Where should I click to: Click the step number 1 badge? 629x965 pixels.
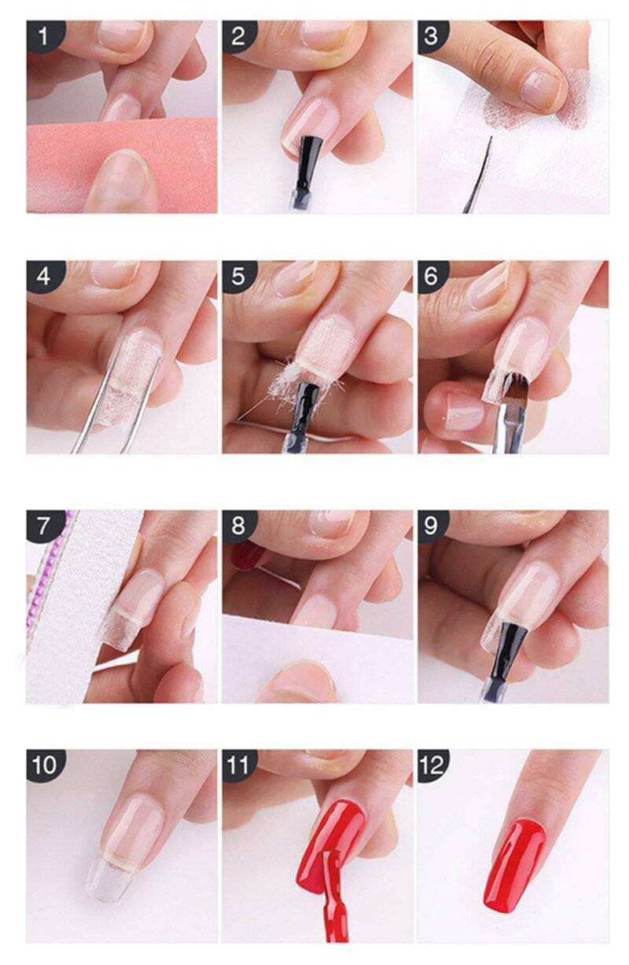tap(44, 35)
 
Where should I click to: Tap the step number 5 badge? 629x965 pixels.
tap(238, 276)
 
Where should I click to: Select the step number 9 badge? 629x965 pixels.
tap(432, 525)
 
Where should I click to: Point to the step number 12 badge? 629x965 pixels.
tap(433, 765)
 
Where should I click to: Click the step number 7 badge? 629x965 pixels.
tap(44, 526)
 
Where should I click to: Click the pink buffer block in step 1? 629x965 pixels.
tap(122, 164)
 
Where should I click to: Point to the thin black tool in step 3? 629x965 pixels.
tap(480, 174)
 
